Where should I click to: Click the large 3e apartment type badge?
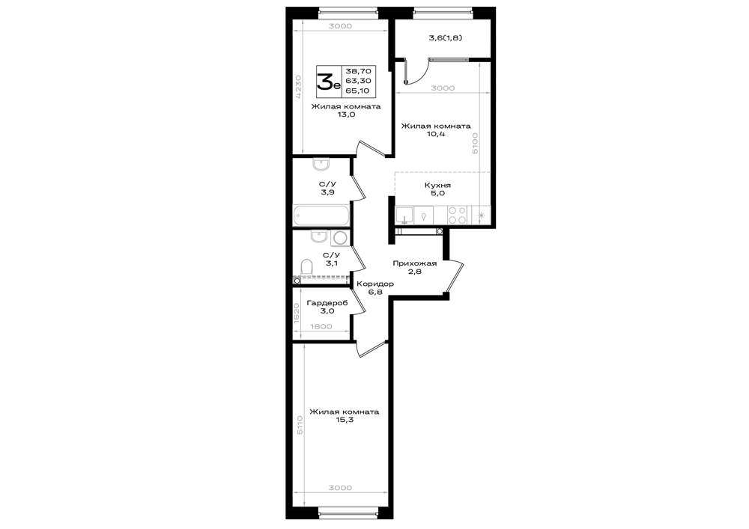(x=329, y=81)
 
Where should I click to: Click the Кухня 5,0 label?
(x=437, y=189)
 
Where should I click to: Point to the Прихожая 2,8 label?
(x=415, y=267)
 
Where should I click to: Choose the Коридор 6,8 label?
(x=375, y=287)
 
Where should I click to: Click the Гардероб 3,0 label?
(x=327, y=307)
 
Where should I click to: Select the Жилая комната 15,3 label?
(x=345, y=416)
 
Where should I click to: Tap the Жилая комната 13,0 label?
(x=346, y=110)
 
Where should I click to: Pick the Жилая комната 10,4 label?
(x=436, y=129)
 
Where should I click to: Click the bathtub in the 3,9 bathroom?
(x=321, y=215)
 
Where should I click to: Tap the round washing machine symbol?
(x=341, y=237)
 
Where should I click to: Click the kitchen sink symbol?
(x=405, y=215)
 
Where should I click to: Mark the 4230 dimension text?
(x=297, y=86)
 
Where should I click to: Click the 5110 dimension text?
(x=300, y=424)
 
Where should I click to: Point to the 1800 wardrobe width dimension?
(x=321, y=327)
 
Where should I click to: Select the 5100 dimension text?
(x=474, y=143)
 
